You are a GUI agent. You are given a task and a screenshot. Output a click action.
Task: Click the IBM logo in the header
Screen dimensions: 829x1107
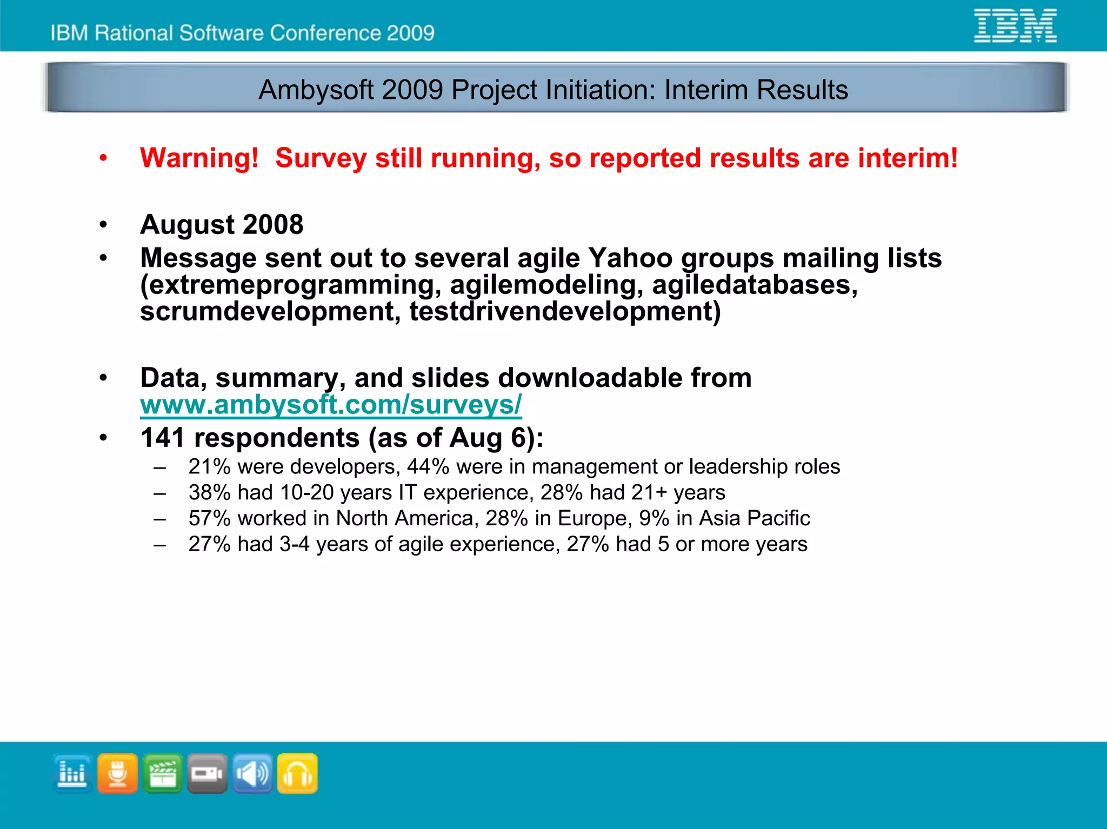coord(1015,25)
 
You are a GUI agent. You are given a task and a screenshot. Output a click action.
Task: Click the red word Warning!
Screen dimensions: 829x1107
coord(199,158)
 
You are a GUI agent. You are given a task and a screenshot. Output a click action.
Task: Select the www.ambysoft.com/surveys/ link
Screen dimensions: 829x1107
coord(331,405)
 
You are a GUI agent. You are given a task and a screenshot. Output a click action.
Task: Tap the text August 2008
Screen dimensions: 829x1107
coord(222,224)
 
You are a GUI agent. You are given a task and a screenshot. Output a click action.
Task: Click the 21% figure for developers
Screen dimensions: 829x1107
coord(209,466)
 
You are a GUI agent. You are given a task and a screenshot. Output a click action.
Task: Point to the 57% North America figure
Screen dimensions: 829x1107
coord(209,518)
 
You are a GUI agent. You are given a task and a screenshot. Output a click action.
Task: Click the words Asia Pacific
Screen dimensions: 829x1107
coord(754,518)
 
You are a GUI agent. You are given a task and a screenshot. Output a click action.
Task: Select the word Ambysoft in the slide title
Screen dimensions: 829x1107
coord(316,90)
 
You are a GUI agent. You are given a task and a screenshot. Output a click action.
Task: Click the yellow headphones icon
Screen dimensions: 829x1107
coord(297,774)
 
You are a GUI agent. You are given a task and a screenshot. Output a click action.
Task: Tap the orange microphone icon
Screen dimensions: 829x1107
coord(117,774)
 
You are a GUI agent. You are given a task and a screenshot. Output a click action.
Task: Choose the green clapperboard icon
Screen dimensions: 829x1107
coord(163,774)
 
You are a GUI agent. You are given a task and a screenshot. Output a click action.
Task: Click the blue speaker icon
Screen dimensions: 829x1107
coord(252,774)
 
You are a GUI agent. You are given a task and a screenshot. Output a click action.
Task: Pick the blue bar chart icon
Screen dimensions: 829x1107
coord(72,774)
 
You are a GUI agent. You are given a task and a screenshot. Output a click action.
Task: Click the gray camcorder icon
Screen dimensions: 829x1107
coord(208,774)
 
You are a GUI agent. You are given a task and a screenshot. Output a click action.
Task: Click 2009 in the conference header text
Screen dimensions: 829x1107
coord(410,33)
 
